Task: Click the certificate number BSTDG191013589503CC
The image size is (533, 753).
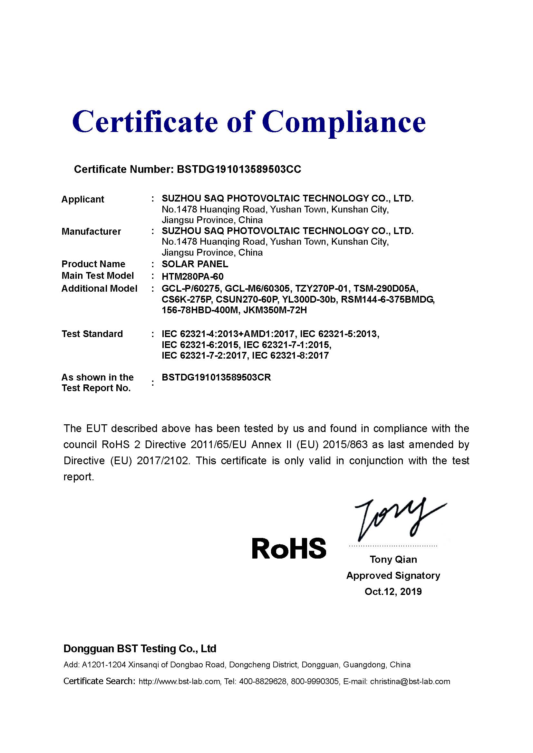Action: [238, 169]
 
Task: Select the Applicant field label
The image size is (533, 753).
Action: [83, 199]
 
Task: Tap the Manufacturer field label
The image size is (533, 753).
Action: [91, 231]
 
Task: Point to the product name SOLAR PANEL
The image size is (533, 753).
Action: [195, 264]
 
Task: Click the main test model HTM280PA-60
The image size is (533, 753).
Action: [193, 276]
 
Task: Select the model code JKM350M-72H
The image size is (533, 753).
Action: [275, 310]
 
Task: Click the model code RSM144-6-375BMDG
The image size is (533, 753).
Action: [388, 299]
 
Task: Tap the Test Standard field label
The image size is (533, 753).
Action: [92, 334]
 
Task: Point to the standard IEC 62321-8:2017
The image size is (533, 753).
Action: [290, 355]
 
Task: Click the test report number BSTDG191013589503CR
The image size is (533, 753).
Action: [216, 377]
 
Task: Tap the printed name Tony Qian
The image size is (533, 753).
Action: [393, 559]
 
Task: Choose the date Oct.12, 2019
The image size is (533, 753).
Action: [393, 591]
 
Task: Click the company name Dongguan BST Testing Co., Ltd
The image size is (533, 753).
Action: [140, 648]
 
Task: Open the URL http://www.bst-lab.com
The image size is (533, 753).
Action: [179, 682]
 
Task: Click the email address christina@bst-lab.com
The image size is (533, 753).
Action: [410, 682]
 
